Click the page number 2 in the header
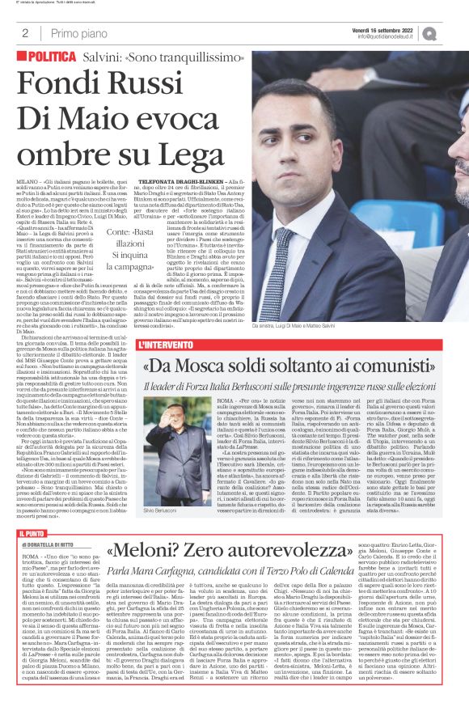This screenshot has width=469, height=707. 26,34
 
